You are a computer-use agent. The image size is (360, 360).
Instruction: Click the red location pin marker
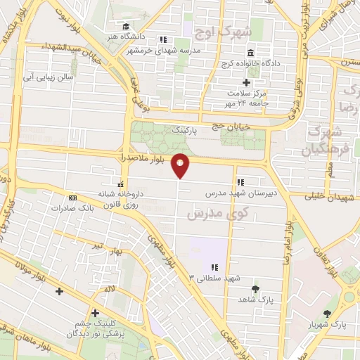181,166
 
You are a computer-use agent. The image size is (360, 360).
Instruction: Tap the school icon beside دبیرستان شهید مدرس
240,181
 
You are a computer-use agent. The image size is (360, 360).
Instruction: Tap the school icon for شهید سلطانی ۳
214,267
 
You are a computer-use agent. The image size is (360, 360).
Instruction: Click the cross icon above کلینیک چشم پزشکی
95,314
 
